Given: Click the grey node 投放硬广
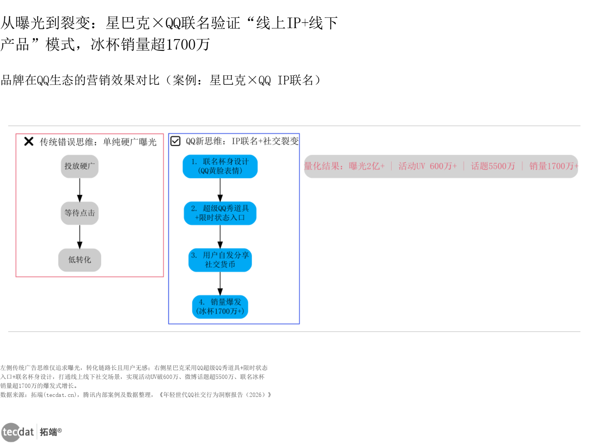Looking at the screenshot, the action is pos(80,166).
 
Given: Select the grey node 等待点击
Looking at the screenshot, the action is pos(80,213).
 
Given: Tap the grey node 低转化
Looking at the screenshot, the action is pos(80,260).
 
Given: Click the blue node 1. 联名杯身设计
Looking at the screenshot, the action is pos(220,166).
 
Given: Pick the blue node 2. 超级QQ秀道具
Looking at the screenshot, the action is pos(220,213).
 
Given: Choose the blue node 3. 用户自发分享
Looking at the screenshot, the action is pos(220,260).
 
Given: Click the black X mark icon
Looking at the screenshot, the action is pos(29,141).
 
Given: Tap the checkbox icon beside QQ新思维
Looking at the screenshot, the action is pos(176,141).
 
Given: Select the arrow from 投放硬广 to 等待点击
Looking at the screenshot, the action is pos(80,190).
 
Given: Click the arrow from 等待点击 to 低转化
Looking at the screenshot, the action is pos(80,237).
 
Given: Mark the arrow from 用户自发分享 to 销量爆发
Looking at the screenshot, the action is pos(220,284).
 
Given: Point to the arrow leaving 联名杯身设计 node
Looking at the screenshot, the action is pos(220,190).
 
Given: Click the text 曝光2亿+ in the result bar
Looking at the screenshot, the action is pos(367,166).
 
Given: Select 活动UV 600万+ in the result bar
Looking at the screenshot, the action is pos(427,166).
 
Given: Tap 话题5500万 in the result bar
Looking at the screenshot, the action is pos(493,166).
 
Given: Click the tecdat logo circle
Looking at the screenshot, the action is pos(11,432).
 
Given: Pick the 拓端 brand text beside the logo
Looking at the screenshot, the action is pos(49,432).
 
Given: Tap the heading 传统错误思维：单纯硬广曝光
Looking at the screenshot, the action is pos(98,142).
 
